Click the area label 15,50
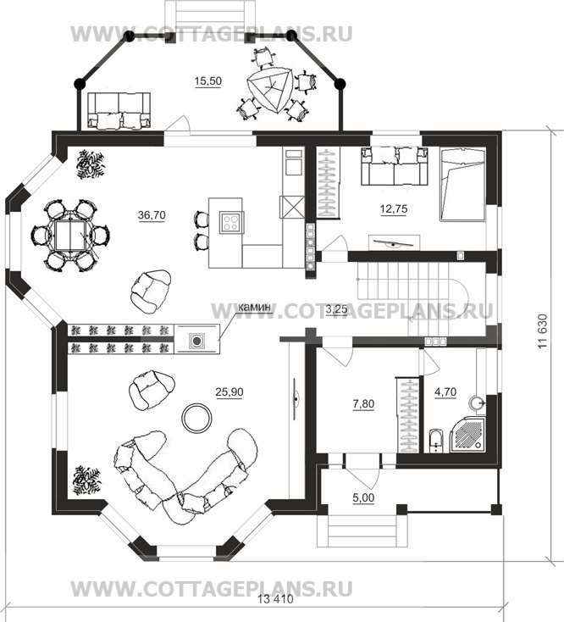click(207, 81)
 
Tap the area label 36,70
click(152, 215)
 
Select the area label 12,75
click(394, 208)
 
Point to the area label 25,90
click(229, 392)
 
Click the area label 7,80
click(363, 404)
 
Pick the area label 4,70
click(445, 392)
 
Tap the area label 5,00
click(363, 497)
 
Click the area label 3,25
click(336, 309)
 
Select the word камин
click(254, 308)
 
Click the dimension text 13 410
click(275, 599)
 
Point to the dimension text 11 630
click(543, 331)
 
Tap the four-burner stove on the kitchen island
click(229, 222)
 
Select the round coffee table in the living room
click(196, 418)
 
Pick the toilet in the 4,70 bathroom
click(434, 441)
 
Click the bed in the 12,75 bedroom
click(462, 184)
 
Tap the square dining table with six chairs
click(69, 236)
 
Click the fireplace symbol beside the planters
click(196, 340)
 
